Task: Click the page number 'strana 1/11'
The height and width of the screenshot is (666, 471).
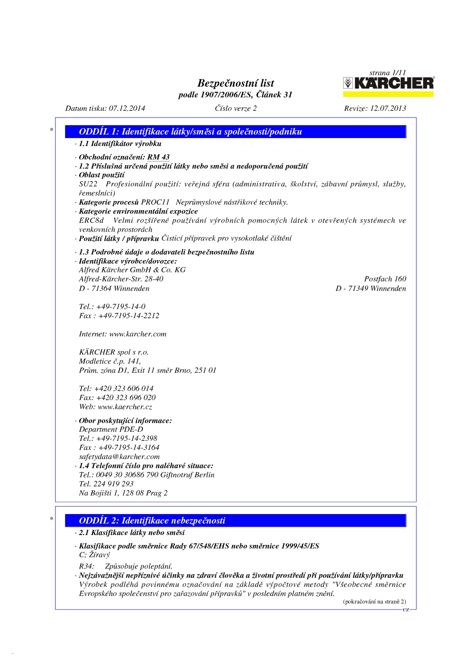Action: (x=387, y=73)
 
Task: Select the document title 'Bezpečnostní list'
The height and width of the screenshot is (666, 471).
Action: (x=235, y=83)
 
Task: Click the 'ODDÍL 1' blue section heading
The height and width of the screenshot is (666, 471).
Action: (x=190, y=132)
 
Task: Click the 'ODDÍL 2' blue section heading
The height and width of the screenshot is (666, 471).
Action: (x=152, y=520)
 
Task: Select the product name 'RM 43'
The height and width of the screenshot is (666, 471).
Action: (x=158, y=157)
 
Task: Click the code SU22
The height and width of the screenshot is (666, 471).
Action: (x=88, y=184)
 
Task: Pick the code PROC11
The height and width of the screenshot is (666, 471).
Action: (x=155, y=202)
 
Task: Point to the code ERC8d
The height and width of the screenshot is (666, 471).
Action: (x=91, y=220)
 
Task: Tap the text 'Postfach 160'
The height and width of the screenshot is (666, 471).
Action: (x=385, y=279)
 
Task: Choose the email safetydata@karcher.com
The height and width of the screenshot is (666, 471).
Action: (x=119, y=457)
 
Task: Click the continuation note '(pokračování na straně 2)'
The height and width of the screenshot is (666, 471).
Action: (x=374, y=602)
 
